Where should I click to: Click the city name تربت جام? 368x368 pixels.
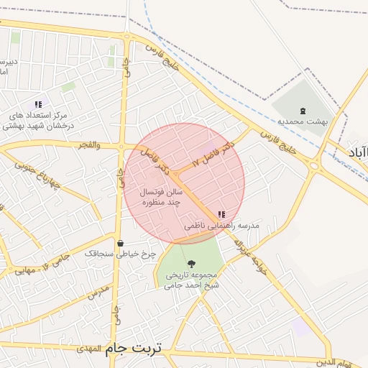[134, 349]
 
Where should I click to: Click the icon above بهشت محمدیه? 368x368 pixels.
[303, 111]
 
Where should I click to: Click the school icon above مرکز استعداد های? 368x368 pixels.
[38, 104]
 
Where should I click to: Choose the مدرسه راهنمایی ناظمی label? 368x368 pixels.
[221, 226]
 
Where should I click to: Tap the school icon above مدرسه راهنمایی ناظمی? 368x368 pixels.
[221, 214]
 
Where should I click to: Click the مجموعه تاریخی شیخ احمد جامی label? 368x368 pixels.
[192, 280]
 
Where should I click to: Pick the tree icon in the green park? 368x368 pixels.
[190, 264]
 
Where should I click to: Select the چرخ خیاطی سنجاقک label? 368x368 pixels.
[119, 254]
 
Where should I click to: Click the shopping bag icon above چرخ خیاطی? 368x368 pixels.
[119, 242]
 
